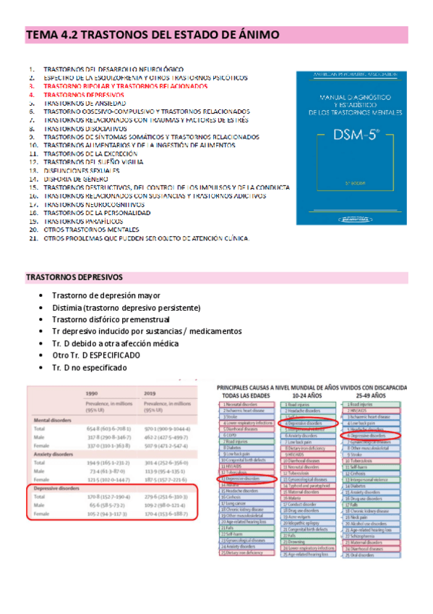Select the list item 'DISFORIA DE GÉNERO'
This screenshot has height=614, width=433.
pyautogui.click(x=75, y=178)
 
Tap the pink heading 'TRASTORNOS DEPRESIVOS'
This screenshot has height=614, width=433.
pyautogui.click(x=74, y=277)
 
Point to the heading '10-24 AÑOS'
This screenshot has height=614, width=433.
pyautogui.click(x=309, y=396)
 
